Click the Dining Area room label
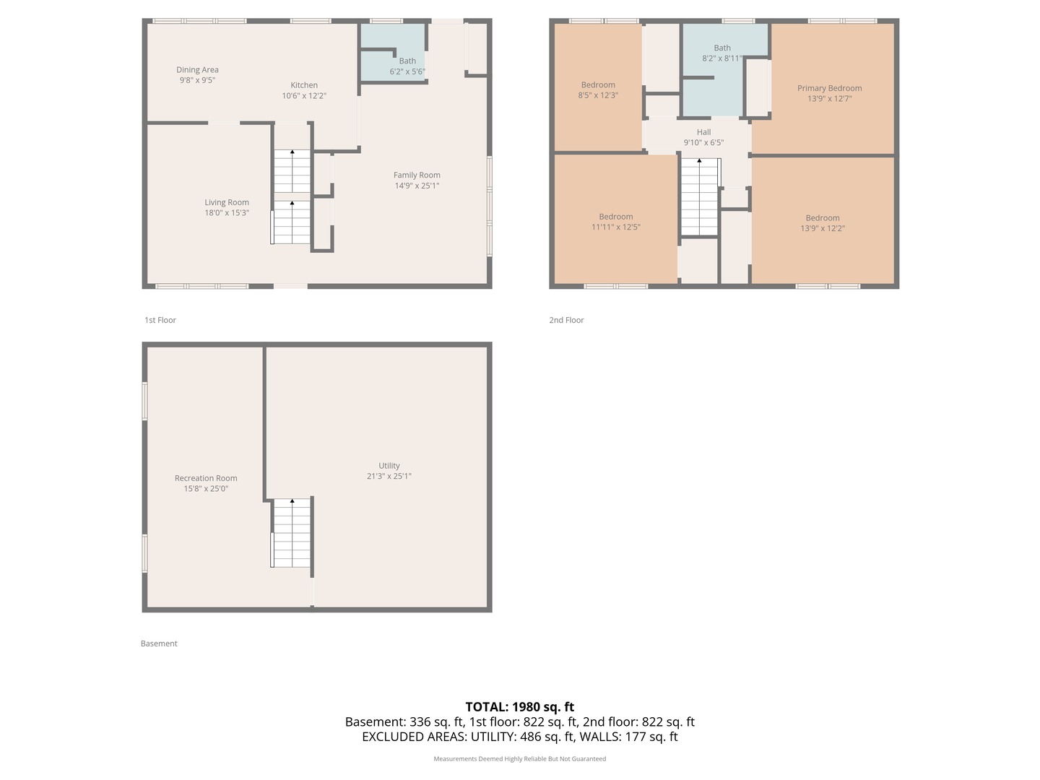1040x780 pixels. pos(197,70)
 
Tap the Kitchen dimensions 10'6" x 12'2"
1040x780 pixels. pos(304,95)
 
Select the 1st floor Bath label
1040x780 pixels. pos(407,61)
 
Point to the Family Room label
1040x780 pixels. pos(417,175)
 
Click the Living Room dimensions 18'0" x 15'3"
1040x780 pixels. pos(227,213)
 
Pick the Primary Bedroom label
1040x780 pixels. pos(829,88)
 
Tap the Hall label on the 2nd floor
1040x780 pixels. pos(703,132)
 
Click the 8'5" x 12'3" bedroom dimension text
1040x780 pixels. pos(598,95)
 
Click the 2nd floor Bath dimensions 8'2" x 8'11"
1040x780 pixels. pos(721,58)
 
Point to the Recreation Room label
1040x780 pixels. pos(206,478)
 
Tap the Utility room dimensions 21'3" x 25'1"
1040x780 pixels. pos(389,476)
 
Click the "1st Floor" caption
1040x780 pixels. pos(160,320)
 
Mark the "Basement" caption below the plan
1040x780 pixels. pos(159,643)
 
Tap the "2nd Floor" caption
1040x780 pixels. pos(566,320)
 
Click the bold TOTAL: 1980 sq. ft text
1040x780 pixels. pos(519,707)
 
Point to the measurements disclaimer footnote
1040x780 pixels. pos(519,759)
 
